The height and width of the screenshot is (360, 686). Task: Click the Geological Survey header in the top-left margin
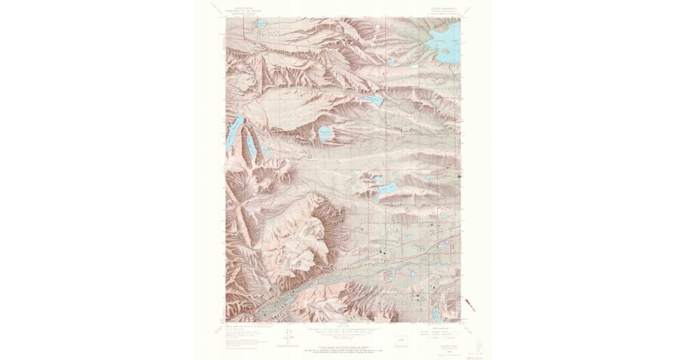click(242, 10)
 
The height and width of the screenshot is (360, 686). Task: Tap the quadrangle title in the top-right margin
click(442, 9)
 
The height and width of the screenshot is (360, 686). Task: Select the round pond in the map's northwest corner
click(261, 25)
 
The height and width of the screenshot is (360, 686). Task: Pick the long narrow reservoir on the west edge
click(234, 131)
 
